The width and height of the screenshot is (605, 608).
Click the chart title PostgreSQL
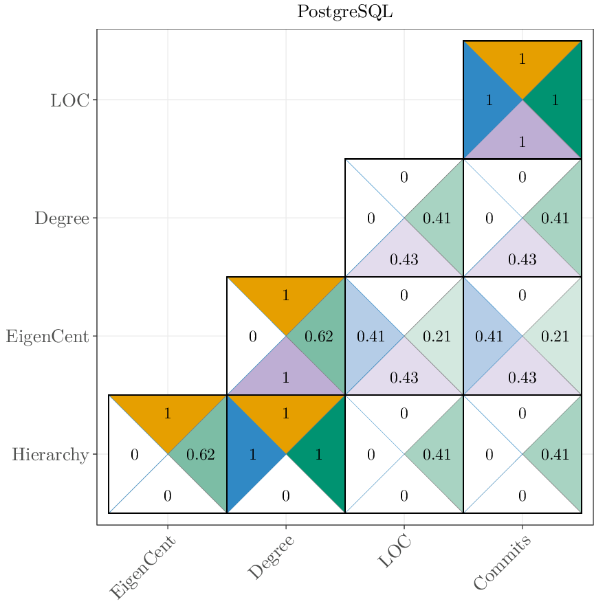click(344, 12)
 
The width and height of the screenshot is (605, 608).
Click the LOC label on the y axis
click(69, 100)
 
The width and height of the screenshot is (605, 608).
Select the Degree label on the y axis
click(62, 218)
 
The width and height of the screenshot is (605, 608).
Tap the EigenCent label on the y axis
click(47, 337)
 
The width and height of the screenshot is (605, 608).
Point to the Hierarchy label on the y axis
click(50, 455)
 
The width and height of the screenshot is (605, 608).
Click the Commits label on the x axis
click(503, 563)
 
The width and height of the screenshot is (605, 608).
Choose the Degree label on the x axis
click(271, 557)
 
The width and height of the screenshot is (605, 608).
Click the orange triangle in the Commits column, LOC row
click(522, 62)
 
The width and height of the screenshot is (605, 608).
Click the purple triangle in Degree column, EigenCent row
click(286, 374)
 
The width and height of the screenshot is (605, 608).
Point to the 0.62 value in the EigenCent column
click(201, 455)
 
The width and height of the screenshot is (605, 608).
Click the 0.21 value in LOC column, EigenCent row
click(437, 337)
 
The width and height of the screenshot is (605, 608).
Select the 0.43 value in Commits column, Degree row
click(522, 260)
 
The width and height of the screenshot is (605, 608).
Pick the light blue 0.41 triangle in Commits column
click(489, 337)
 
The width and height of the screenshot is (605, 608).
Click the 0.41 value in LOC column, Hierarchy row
click(437, 455)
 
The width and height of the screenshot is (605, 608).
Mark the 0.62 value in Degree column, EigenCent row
click(318, 337)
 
